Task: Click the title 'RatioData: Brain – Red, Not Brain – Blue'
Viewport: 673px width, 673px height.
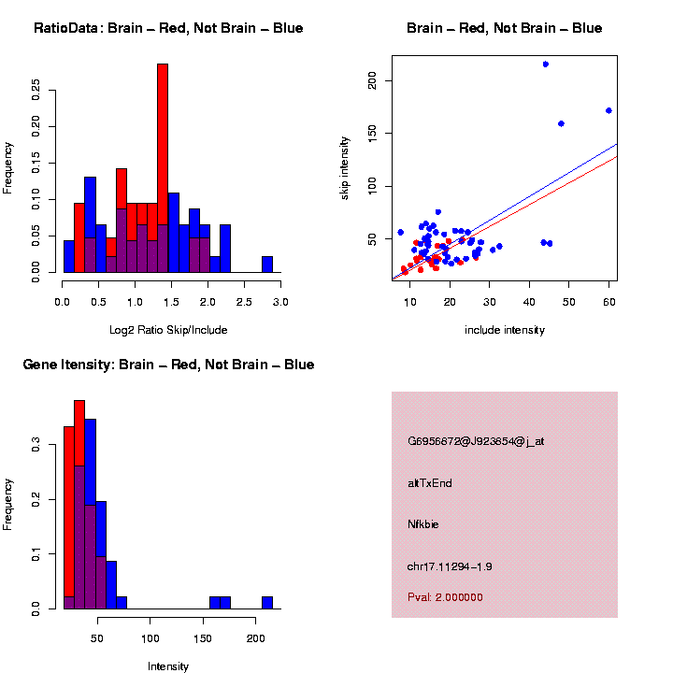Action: [168, 28]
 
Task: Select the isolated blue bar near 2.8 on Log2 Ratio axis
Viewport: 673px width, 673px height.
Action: [267, 265]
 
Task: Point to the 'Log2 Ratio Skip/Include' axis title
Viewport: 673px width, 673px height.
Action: [169, 330]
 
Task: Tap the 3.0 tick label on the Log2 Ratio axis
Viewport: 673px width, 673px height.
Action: [279, 303]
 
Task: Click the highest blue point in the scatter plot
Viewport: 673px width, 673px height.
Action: [546, 64]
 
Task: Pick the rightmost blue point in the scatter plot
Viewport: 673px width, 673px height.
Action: [609, 110]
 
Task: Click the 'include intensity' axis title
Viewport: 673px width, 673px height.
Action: [505, 330]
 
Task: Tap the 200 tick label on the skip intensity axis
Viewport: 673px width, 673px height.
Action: [372, 82]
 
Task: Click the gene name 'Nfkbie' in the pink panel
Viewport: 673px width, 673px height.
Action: [423, 524]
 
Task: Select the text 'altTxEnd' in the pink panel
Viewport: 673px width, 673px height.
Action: [430, 483]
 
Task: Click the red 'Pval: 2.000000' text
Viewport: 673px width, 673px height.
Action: [445, 597]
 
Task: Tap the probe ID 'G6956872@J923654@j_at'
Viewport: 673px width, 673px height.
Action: [476, 441]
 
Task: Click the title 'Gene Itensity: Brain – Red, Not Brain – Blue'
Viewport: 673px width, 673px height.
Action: [168, 365]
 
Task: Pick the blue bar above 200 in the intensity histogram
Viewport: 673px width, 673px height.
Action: [267, 602]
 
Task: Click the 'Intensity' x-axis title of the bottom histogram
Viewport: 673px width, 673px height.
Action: [168, 666]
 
